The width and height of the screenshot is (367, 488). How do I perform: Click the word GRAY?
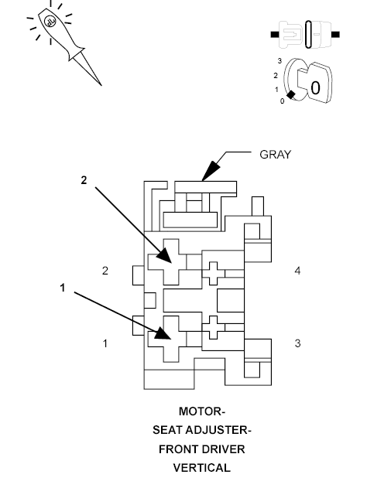click(275, 154)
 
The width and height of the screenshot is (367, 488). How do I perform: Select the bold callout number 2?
click(84, 179)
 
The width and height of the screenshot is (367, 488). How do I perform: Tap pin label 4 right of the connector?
click(297, 271)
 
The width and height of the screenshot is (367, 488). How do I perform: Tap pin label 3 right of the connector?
click(297, 343)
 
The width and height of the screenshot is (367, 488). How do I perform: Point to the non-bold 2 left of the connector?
click(106, 271)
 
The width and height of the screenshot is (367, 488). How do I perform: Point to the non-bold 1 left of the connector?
click(106, 343)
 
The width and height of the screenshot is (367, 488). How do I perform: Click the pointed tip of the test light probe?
click(100, 83)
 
